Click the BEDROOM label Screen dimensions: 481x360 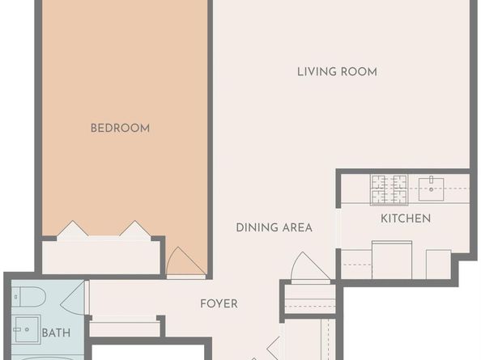(120, 128)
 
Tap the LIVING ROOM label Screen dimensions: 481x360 (337, 72)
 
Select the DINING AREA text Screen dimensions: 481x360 (275, 227)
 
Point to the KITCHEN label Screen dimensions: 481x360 (406, 218)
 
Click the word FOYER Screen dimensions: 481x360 (219, 304)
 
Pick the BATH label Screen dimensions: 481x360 (56, 332)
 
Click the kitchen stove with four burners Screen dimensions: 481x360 (389, 189)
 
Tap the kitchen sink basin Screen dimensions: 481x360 (431, 189)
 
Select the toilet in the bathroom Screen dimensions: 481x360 (28, 297)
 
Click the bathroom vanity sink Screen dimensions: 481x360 (27, 329)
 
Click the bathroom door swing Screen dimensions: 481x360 (73, 298)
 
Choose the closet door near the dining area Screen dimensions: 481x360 (310, 265)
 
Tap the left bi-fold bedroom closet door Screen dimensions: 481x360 (73, 228)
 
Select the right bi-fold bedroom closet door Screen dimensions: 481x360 (135, 228)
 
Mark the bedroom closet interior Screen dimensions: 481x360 (101, 257)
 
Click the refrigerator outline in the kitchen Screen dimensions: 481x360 (392, 260)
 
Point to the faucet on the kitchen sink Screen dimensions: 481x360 (431, 180)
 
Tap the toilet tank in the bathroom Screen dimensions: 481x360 (16, 297)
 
